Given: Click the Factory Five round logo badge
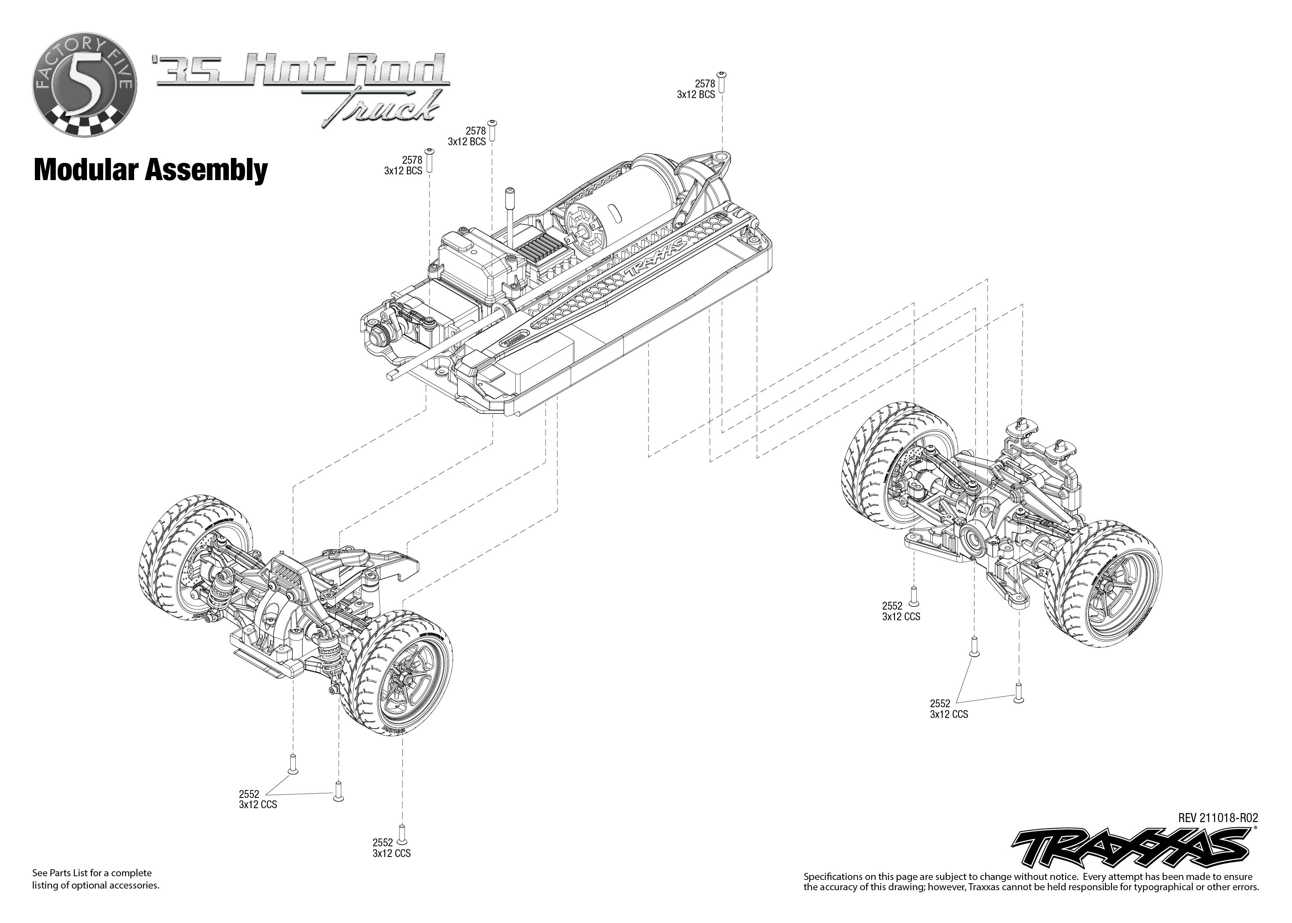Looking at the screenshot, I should pos(84,85).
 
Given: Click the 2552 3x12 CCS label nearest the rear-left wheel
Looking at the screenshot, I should pos(901,611).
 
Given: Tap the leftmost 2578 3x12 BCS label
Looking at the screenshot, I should pos(404,165).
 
